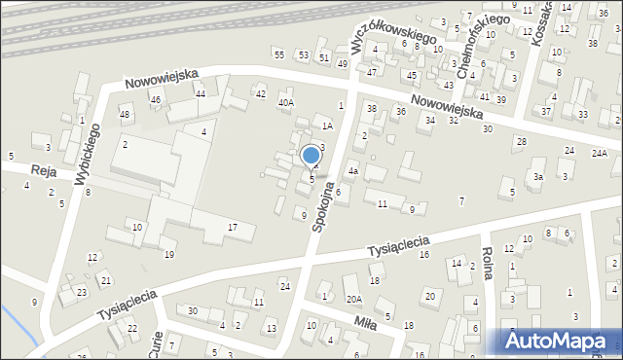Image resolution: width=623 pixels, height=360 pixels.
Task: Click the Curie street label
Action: (157, 342)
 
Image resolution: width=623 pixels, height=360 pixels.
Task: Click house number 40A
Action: (285, 102)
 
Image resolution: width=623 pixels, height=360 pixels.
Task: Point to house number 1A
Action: (328, 126)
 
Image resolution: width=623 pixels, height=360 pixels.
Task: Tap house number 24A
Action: (600, 153)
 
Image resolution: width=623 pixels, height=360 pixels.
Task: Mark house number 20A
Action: (353, 299)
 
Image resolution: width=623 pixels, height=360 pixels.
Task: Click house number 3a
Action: (537, 177)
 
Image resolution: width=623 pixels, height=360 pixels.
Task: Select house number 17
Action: (232, 227)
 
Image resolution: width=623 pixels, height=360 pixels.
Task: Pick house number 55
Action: (279, 54)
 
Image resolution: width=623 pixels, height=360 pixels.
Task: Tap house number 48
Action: (125, 115)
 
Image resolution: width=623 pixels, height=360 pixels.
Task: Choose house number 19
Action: (168, 254)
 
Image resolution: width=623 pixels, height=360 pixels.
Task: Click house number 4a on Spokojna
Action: (354, 171)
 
